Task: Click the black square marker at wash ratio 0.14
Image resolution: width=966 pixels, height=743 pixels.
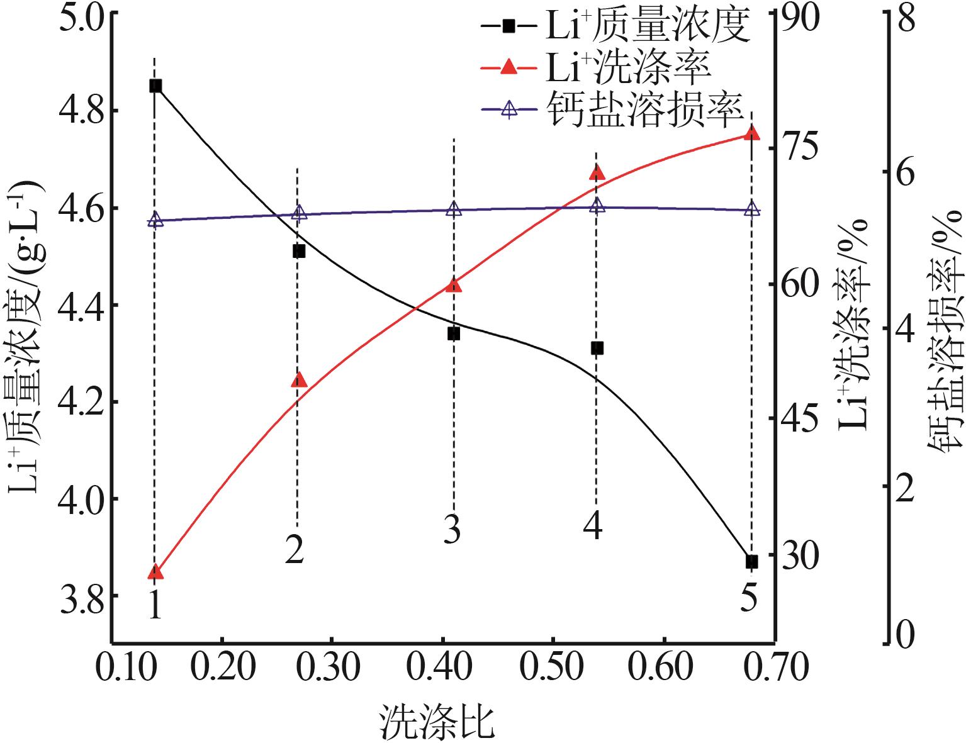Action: point(155,86)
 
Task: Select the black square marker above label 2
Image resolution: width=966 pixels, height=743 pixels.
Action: point(298,251)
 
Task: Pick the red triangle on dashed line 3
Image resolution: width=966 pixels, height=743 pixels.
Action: point(454,286)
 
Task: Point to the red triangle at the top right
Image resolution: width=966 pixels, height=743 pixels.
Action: point(751,133)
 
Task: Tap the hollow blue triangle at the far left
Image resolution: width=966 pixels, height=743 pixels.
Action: point(155,220)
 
